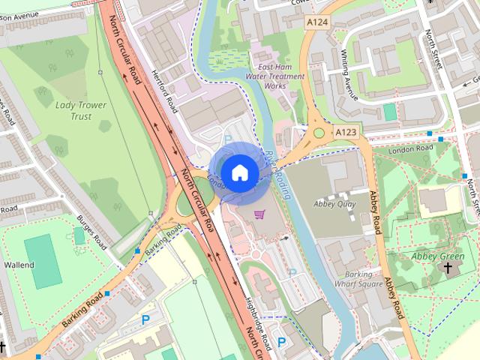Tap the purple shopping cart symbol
coord(259,214)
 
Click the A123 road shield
coord(346,132)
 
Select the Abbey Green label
coord(438,256)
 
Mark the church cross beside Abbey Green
coord(448,268)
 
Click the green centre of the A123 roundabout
coord(320,133)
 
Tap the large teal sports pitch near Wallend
coord(42,260)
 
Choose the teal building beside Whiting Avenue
coord(390,112)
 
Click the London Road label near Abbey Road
coord(412,149)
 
